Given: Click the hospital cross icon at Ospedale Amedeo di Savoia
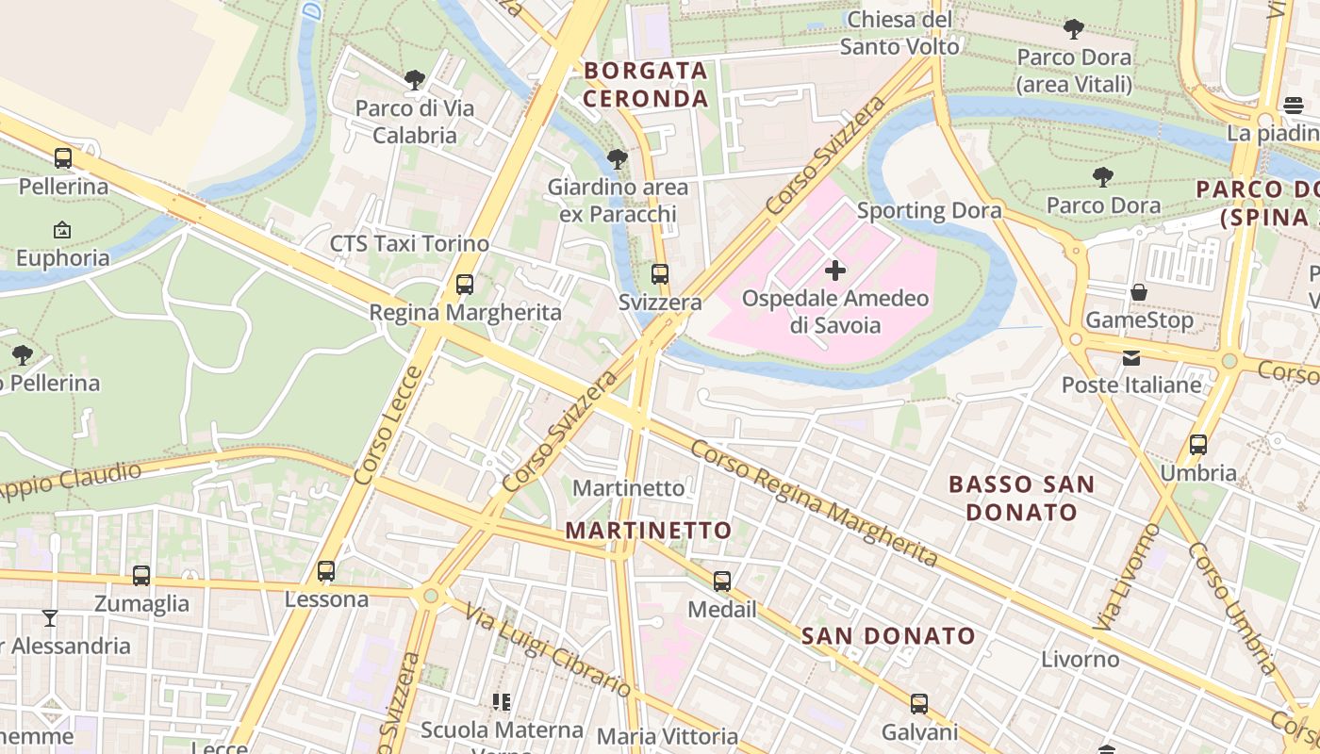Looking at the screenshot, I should (x=834, y=271).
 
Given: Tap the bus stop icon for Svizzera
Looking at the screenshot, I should (x=660, y=274).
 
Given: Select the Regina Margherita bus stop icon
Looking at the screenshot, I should (x=464, y=284).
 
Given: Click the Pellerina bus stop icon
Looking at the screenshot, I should (x=63, y=158).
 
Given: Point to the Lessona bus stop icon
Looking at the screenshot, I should (x=326, y=571).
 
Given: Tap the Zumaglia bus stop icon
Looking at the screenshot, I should (x=141, y=575).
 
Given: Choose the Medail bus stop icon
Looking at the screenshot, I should (x=722, y=582).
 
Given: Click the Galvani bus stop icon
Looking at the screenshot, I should (x=919, y=704).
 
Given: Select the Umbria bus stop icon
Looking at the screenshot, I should (x=1198, y=445).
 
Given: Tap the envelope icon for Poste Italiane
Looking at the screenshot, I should (x=1131, y=357).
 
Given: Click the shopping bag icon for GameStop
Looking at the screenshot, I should (x=1139, y=292).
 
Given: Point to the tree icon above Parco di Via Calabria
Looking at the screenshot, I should (x=414, y=80).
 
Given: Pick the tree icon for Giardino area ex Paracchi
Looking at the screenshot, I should (x=618, y=159).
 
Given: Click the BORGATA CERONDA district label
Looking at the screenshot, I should (x=646, y=85).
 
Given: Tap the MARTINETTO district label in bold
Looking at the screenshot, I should (x=649, y=531).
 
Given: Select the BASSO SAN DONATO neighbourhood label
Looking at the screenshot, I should (x=1021, y=499).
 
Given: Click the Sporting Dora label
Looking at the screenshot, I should (x=929, y=210).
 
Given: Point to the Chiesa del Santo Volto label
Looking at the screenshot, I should (x=899, y=33).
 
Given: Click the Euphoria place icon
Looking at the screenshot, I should (x=62, y=229).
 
